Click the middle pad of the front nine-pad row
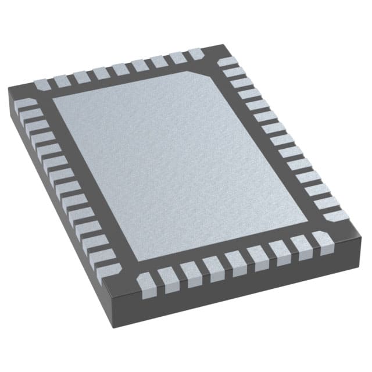234,260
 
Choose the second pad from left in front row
167,277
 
